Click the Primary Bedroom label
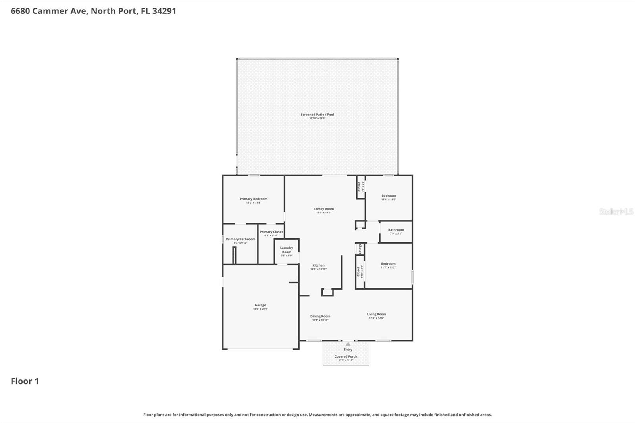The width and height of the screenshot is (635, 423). [x=254, y=199]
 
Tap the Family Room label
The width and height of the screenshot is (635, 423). [x=323, y=209]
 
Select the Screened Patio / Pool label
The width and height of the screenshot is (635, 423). [x=317, y=115]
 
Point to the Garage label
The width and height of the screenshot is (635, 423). [x=260, y=305]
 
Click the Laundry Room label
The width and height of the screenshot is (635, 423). [x=287, y=250]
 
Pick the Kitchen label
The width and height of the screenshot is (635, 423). [x=318, y=265]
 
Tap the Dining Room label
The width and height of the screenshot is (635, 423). [x=320, y=317]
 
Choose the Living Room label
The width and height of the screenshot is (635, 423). [x=376, y=314]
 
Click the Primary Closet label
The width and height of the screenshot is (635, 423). [x=271, y=232]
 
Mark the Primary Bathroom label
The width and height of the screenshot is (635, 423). [x=241, y=239]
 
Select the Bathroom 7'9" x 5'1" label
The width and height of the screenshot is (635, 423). [x=396, y=230]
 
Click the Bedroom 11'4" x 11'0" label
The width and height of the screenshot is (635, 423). [x=389, y=196]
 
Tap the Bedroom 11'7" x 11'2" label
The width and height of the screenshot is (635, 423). [x=388, y=264]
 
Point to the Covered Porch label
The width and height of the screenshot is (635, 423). [x=346, y=356]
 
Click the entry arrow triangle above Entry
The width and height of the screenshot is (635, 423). [x=348, y=344]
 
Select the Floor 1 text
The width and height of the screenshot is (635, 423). [x=25, y=381]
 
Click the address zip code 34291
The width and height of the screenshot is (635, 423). [x=164, y=11]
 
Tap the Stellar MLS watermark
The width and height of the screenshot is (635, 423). [x=616, y=211]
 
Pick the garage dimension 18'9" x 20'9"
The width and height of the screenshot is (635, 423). [x=260, y=309]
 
